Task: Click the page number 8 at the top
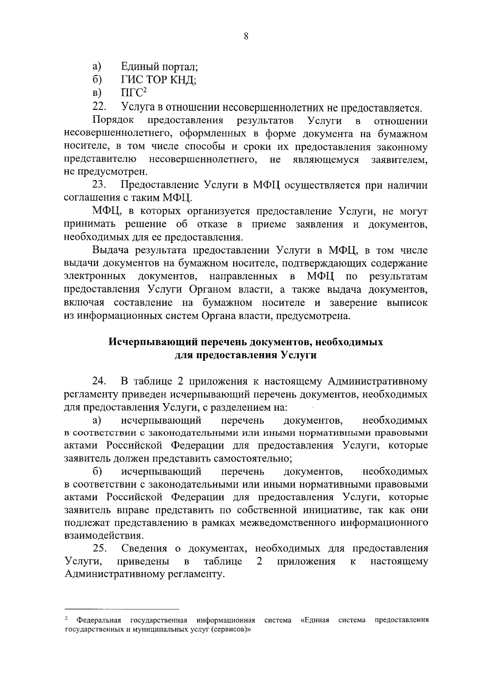[246, 37]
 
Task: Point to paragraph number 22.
[99, 107]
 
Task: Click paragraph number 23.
[99, 185]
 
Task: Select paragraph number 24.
[99, 381]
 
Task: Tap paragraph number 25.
[99, 548]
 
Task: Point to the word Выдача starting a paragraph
[111, 251]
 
